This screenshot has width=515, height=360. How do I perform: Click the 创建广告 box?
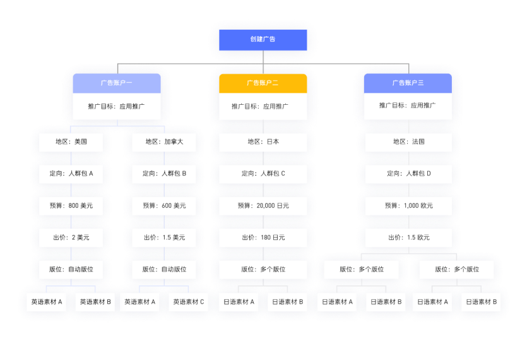click(x=263, y=39)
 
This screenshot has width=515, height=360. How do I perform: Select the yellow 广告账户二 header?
click(x=263, y=83)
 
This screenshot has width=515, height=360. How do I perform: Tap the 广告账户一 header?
click(x=116, y=83)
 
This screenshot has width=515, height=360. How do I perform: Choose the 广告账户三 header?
click(x=408, y=83)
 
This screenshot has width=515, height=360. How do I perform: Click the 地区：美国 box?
click(x=71, y=142)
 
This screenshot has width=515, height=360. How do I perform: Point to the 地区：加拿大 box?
click(x=164, y=142)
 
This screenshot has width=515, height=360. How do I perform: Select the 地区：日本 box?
click(x=263, y=142)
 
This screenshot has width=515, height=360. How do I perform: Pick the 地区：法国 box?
click(x=408, y=142)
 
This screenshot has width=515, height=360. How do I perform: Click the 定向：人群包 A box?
click(x=71, y=174)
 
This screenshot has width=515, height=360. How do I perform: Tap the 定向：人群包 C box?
click(x=263, y=174)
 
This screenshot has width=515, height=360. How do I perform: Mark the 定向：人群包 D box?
click(x=408, y=174)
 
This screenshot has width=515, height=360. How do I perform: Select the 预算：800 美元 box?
click(x=71, y=206)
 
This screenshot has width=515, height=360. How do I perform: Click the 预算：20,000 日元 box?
click(x=263, y=206)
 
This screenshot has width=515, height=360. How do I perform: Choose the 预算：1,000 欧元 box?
click(x=408, y=206)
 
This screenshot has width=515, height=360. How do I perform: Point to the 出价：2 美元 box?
click(x=71, y=237)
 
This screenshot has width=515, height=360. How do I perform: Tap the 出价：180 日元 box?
click(x=263, y=237)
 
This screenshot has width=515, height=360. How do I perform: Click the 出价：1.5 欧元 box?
click(x=408, y=237)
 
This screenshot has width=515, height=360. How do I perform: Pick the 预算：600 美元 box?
click(x=164, y=206)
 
